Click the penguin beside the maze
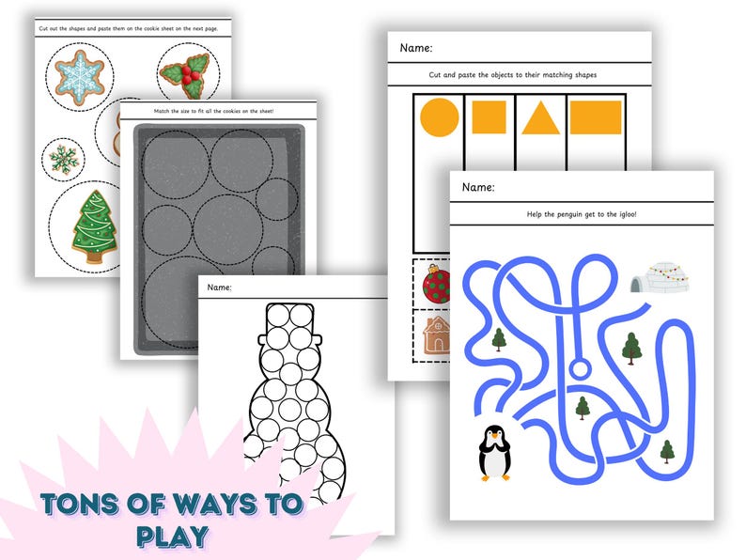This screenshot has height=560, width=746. click(494, 452)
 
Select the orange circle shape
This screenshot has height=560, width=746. click(439, 117)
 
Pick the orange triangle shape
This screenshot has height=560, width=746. click(540, 118)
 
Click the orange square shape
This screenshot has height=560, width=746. click(490, 117)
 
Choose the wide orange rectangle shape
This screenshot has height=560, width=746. click(596, 117)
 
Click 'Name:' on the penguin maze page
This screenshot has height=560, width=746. click(478, 188)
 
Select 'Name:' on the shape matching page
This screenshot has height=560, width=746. click(417, 48)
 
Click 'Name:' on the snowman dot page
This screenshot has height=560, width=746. click(220, 287)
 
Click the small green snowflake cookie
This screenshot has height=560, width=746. click(66, 157)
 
